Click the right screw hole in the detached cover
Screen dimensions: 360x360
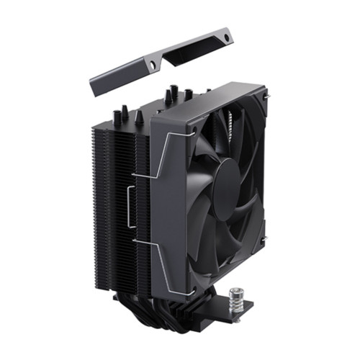227,36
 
